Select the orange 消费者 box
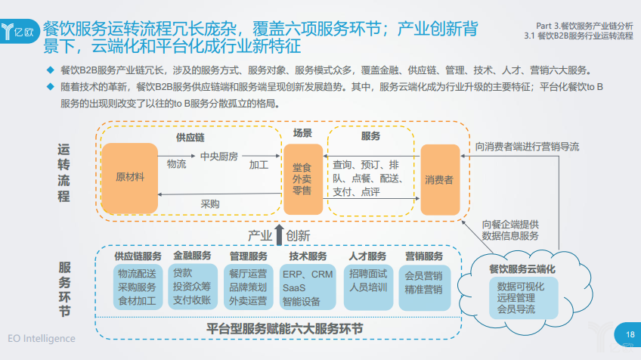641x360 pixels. click(x=440, y=179)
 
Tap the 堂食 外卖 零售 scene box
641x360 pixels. click(x=302, y=178)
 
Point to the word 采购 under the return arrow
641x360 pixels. click(x=209, y=204)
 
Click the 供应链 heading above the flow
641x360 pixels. click(x=190, y=138)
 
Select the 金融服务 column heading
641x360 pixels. click(x=194, y=256)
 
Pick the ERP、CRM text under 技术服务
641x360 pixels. click(x=306, y=274)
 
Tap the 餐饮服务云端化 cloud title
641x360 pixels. click(x=522, y=269)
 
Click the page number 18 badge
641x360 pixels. click(x=629, y=334)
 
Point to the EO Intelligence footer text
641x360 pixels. click(x=42, y=338)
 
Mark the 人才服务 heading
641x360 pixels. click(x=367, y=256)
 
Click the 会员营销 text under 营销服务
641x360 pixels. click(x=423, y=275)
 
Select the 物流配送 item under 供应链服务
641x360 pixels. click(x=137, y=274)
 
